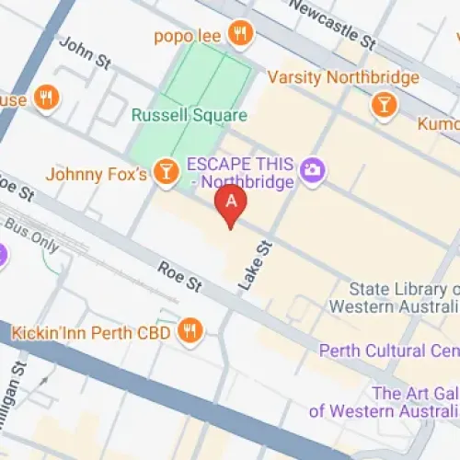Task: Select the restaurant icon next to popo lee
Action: click(240, 34)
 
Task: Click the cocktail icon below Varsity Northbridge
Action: click(383, 106)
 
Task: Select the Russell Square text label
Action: click(189, 116)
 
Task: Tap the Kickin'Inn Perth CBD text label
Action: click(91, 332)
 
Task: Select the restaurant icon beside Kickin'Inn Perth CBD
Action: click(190, 331)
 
